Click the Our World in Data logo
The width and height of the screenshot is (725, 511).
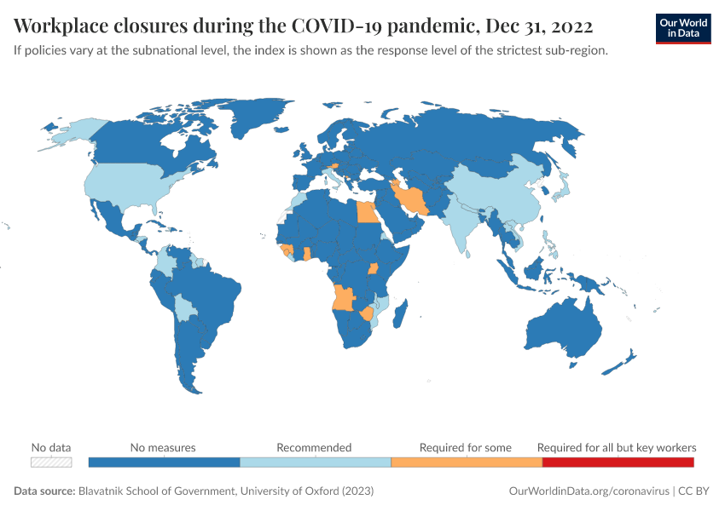[x=682, y=27]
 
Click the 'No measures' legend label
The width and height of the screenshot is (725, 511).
[x=163, y=447]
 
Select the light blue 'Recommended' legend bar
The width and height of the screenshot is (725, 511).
[x=315, y=462]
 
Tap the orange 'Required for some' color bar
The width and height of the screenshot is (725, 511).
[x=466, y=462]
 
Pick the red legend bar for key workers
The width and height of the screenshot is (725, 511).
[x=618, y=462]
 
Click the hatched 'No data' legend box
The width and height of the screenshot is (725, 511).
[x=51, y=462]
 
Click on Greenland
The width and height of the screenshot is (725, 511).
[x=260, y=119]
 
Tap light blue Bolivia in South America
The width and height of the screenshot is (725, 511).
[x=183, y=307]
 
